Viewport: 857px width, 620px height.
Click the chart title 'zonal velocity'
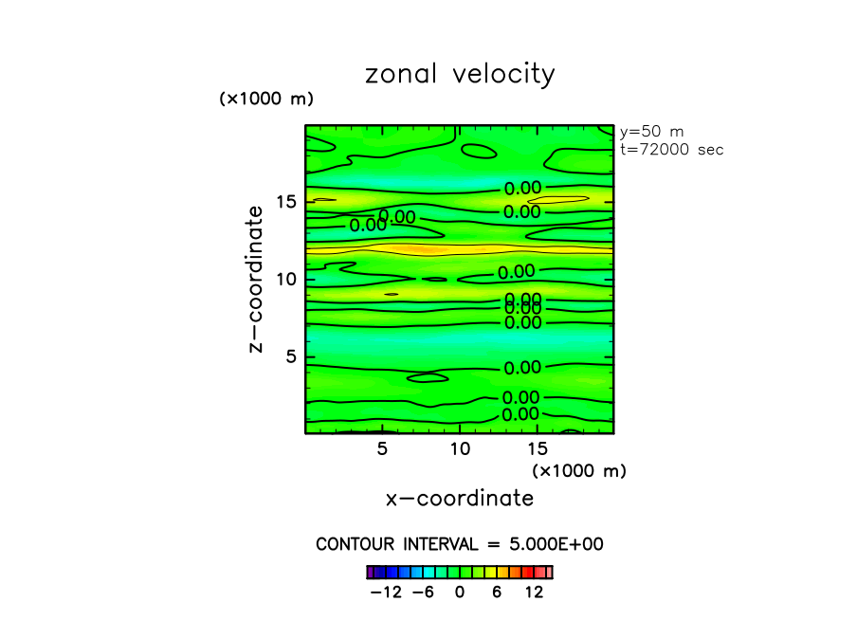point(460,75)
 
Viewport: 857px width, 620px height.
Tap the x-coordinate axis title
point(460,499)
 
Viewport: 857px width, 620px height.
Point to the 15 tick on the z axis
point(287,202)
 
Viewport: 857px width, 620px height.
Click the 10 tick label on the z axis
point(287,280)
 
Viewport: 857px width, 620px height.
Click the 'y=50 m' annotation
point(651,132)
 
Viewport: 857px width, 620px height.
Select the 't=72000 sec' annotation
point(671,149)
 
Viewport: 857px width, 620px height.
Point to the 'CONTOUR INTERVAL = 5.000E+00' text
point(460,545)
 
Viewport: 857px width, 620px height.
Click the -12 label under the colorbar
point(386,593)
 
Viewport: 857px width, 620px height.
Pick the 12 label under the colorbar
point(534,593)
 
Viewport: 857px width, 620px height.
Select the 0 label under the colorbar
point(460,593)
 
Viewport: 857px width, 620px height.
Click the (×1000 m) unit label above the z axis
point(266,99)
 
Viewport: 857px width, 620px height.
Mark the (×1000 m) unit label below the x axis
point(579,470)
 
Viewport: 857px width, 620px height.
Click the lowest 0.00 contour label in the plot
point(520,414)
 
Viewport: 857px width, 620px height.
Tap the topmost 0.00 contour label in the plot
point(522,189)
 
